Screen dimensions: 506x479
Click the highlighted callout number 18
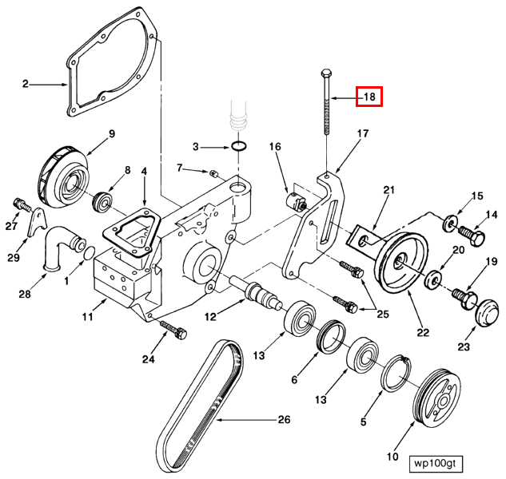coord(369,97)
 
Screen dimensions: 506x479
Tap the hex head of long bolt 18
coord(326,72)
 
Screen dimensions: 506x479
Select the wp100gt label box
coord(436,464)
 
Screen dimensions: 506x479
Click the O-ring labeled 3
coord(239,146)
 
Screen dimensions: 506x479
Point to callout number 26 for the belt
coord(284,419)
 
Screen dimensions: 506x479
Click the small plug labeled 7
coord(213,173)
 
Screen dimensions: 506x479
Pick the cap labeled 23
coord(488,313)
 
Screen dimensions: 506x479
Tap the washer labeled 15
coord(449,223)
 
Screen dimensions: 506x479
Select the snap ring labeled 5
coord(396,373)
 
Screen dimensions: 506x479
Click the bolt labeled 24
coord(173,330)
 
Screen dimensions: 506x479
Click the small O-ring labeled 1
coord(90,253)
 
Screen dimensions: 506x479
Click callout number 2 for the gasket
coord(26,85)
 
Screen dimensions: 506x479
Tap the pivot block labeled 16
coord(297,202)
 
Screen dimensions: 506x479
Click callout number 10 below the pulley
coord(392,457)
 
